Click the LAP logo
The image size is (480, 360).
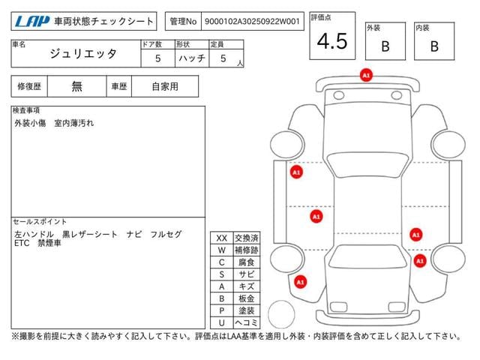(32, 22)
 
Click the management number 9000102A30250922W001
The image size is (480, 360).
(252, 22)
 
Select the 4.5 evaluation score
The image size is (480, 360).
(332, 41)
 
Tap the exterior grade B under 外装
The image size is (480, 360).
(385, 46)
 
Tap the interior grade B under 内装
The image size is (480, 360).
(434, 46)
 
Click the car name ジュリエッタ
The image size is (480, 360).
(83, 54)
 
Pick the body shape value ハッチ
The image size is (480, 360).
(192, 58)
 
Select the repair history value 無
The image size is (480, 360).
(76, 87)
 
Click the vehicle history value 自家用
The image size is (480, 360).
(165, 87)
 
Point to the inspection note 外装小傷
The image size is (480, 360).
(30, 123)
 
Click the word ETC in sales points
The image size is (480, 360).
(22, 243)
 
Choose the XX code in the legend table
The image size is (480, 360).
(222, 238)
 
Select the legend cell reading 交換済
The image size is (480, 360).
(247, 238)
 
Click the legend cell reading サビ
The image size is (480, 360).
(247, 274)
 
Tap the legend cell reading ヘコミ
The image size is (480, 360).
(247, 322)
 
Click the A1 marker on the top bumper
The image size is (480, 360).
(366, 75)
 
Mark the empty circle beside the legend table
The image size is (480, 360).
(281, 314)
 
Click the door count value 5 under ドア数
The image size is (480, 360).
(158, 58)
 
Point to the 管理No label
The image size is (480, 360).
(183, 22)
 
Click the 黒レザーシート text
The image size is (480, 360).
(90, 235)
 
